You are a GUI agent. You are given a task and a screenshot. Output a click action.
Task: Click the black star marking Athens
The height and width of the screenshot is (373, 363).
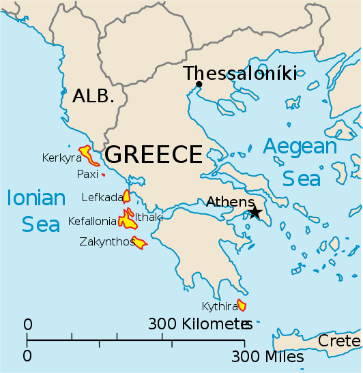pos(255,213)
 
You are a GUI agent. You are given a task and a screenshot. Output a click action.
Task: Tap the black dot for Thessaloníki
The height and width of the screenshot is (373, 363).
pos(199,85)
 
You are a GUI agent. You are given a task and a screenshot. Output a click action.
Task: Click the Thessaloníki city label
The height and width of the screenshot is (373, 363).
pos(240,73)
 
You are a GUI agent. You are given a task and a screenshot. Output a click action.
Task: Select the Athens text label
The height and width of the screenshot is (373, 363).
pos(229,201)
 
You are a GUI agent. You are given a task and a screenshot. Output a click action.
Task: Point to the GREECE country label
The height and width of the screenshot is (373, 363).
pos(154,155)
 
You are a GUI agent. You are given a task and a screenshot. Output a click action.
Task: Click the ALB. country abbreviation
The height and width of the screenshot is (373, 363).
pos(93,96)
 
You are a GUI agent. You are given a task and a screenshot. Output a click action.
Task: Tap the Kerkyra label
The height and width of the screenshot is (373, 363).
pos(62,158)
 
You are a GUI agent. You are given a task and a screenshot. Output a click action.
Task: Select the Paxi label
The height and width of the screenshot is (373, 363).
pos(87,175)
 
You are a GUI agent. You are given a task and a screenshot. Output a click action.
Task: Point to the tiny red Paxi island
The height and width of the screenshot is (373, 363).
pos(103,175)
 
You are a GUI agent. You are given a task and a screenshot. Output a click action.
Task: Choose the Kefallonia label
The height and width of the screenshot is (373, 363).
pos(92,221)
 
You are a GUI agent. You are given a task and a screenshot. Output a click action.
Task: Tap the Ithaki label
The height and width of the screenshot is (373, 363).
pos(149,218)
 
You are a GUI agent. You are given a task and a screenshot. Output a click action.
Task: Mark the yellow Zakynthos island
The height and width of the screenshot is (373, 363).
pos(139,242)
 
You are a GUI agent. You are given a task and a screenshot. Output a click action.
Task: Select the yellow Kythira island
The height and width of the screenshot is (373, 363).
pos(241,305)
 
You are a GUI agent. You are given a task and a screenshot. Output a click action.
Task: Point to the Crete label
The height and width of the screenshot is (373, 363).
pos(339,340)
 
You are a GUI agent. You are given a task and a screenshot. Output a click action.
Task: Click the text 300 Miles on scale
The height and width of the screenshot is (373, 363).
pos(267,356)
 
